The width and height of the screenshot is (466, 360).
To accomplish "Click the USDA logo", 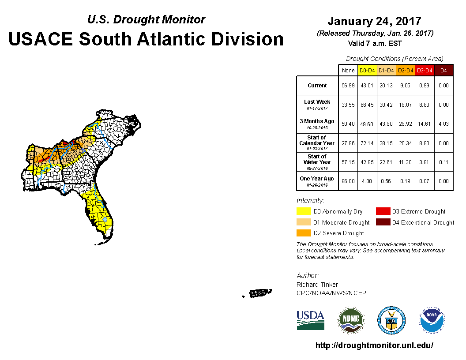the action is tap(310, 320).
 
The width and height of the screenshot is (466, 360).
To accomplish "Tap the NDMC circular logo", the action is tap(351, 320).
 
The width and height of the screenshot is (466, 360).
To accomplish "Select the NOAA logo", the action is tap(432, 320).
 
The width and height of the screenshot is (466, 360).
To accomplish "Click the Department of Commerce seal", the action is tap(391, 320).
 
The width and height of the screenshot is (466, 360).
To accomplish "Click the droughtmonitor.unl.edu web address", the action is tap(374, 345).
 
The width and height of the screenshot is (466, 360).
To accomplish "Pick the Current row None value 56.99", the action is tap(348, 86).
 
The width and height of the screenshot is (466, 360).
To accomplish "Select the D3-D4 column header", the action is tap(425, 71).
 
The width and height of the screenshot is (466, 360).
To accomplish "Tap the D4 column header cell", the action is tap(443, 71).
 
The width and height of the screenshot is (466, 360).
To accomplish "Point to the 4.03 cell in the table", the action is tap(443, 124).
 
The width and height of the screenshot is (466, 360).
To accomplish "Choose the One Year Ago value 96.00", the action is tap(348, 181).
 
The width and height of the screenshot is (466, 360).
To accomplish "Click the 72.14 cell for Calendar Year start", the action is tap(367, 143).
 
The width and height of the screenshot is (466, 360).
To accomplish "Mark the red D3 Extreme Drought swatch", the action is tap(383, 211).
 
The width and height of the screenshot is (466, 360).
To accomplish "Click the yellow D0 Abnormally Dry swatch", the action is tap(304, 211).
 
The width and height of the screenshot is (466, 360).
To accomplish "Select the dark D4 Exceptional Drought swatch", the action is tap(383, 222).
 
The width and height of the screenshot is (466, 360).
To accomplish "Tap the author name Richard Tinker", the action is tap(317, 285).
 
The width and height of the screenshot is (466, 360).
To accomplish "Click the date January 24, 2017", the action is tap(375, 21).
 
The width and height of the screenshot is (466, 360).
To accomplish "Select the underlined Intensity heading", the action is tap(310, 200).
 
